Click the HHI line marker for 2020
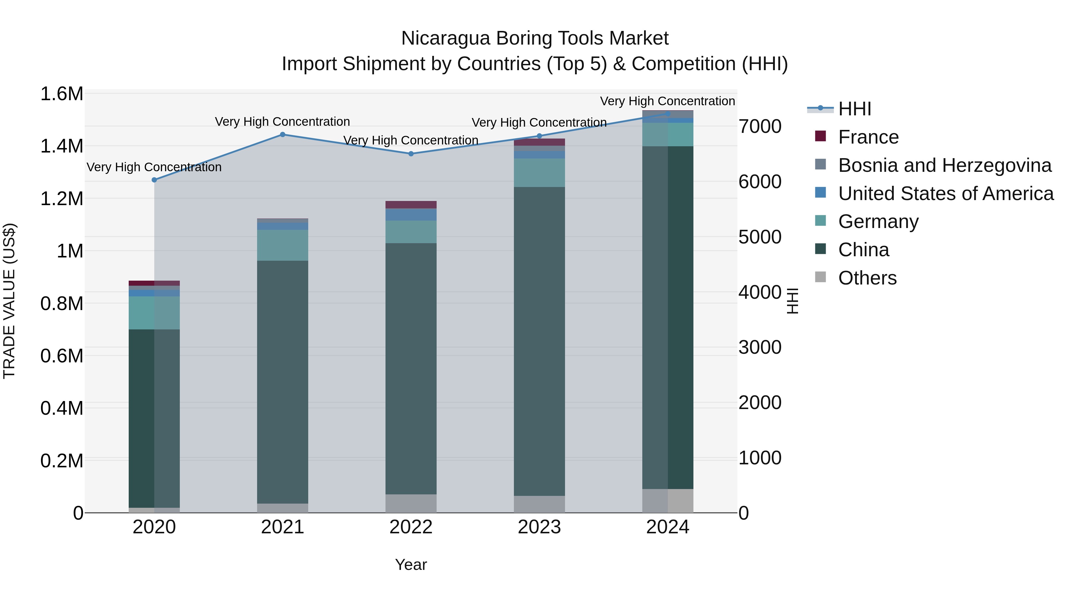click(x=154, y=180)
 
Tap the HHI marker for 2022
click(x=411, y=154)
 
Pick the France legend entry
click(x=868, y=137)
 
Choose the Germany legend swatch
click(x=820, y=221)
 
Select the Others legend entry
click(x=867, y=278)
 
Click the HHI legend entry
click(x=855, y=109)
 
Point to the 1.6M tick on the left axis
click(x=62, y=94)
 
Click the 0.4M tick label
click(x=62, y=408)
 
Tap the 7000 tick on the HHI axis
click(x=760, y=126)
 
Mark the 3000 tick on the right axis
click(x=760, y=347)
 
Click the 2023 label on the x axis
click(x=539, y=527)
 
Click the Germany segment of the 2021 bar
click(x=282, y=245)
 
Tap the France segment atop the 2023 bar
click(x=539, y=142)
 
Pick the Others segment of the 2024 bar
click(x=668, y=501)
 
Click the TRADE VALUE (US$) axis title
click(x=9, y=301)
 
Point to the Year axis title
click(x=411, y=565)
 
